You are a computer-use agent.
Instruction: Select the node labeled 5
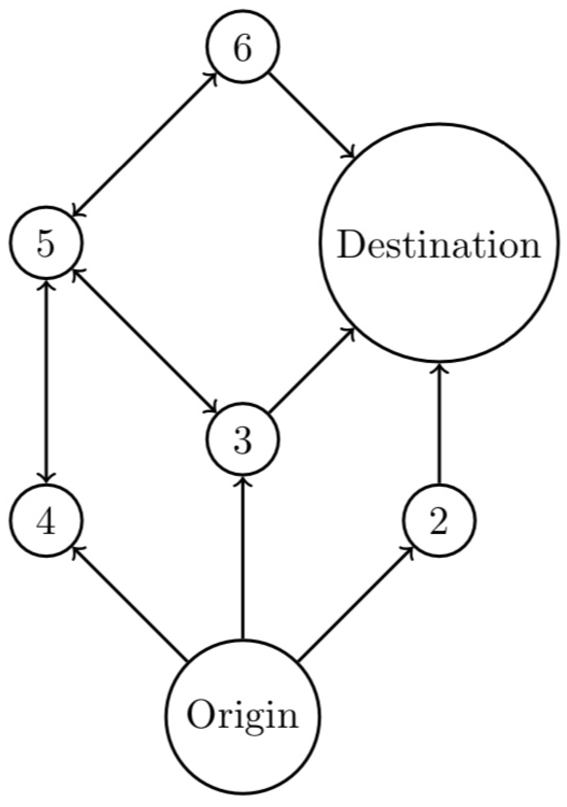(46, 243)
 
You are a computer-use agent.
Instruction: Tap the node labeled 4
(46, 520)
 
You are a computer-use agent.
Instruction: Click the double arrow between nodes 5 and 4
(46, 381)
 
